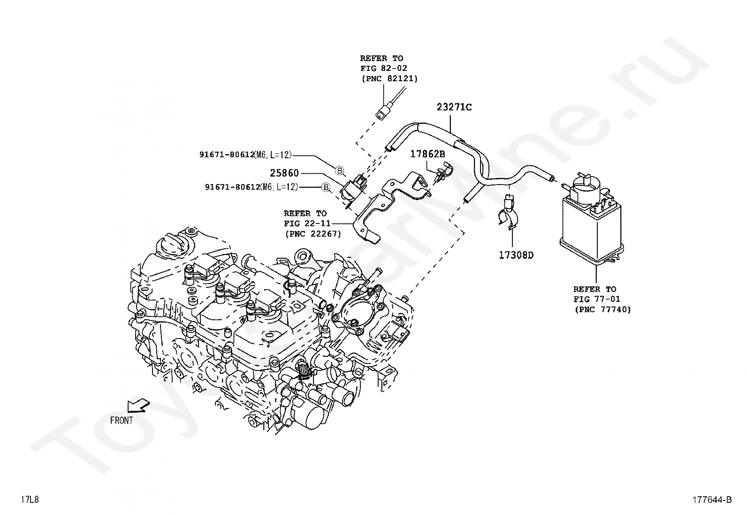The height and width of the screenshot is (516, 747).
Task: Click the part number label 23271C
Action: pyautogui.click(x=454, y=107)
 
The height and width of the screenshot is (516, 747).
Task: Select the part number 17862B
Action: pyautogui.click(x=427, y=154)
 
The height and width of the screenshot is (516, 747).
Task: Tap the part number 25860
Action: pyautogui.click(x=284, y=173)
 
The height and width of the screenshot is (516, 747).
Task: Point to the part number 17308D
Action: pyautogui.click(x=516, y=255)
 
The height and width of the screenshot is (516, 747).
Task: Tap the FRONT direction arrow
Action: pyautogui.click(x=138, y=405)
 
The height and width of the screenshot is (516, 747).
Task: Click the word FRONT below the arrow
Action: pyautogui.click(x=122, y=421)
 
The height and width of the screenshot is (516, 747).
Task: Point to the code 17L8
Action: pyautogui.click(x=30, y=500)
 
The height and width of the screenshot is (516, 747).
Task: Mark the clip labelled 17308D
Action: pyautogui.click(x=510, y=216)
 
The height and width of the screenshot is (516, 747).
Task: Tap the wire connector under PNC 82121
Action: pyautogui.click(x=383, y=114)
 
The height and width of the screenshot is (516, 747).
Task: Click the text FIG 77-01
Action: pyautogui.click(x=596, y=299)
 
